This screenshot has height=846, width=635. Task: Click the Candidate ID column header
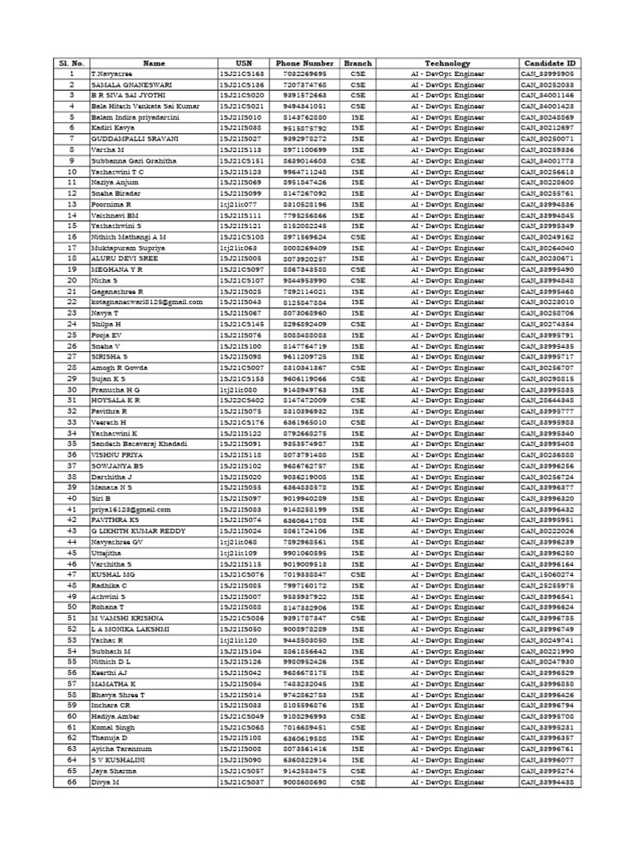click(549, 63)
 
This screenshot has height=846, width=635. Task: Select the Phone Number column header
click(307, 63)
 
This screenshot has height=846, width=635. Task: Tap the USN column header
click(242, 63)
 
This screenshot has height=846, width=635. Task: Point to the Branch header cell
click(357, 63)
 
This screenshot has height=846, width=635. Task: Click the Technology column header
click(447, 63)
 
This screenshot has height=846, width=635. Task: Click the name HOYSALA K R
click(115, 400)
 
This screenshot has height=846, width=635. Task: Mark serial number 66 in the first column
click(72, 782)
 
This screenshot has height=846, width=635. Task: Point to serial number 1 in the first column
click(72, 74)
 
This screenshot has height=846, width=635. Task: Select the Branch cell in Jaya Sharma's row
click(357, 771)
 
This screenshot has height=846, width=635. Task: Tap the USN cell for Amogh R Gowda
click(242, 368)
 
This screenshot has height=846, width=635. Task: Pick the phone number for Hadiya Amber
click(307, 716)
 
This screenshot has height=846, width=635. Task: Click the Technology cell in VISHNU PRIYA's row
click(447, 454)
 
